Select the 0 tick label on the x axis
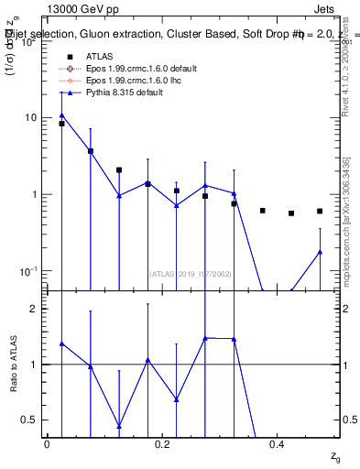point(47,443)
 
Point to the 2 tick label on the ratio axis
point(32,309)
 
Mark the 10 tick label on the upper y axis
point(27,117)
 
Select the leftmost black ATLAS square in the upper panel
point(61,123)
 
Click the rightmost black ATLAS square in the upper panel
point(320,211)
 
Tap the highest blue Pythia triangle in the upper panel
point(61,115)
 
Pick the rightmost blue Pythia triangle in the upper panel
point(320,252)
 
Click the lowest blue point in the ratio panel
point(119,426)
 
